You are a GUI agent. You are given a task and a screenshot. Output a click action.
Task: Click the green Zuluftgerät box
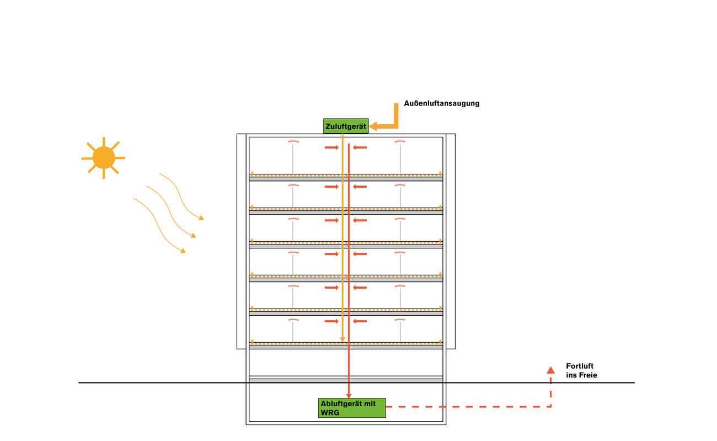pyautogui.click(x=346, y=126)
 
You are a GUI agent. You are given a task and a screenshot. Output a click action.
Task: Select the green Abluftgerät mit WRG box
pyautogui.click(x=352, y=408)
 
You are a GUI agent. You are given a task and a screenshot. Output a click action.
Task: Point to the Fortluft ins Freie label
pyautogui.click(x=581, y=370)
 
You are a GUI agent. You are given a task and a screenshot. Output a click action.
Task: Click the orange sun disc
pyautogui.click(x=104, y=157)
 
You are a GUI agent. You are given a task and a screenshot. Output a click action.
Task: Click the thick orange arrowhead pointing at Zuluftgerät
pyautogui.click(x=373, y=126)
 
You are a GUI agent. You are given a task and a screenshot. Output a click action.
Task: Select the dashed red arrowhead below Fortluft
pyautogui.click(x=550, y=370)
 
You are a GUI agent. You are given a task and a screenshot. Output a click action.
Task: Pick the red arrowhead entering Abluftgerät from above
pyautogui.click(x=349, y=395)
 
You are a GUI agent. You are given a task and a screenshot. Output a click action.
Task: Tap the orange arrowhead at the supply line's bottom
pyautogui.click(x=343, y=339)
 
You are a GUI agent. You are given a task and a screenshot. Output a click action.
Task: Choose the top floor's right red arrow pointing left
pyautogui.click(x=360, y=147)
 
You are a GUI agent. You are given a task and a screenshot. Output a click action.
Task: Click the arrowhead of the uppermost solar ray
pyautogui.click(x=202, y=219)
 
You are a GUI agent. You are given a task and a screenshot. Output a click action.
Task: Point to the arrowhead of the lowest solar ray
pyautogui.click(x=183, y=251)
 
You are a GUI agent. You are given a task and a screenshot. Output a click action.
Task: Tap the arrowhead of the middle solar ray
pyautogui.click(x=194, y=236)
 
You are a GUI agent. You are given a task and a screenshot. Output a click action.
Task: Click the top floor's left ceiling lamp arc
pyautogui.click(x=293, y=142)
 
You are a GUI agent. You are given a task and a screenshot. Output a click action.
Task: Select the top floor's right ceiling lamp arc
pyautogui.click(x=400, y=142)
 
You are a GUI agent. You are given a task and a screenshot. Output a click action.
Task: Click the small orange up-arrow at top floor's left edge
pyautogui.click(x=252, y=173)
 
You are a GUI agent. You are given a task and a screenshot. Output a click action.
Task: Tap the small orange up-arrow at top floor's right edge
pyautogui.click(x=440, y=173)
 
